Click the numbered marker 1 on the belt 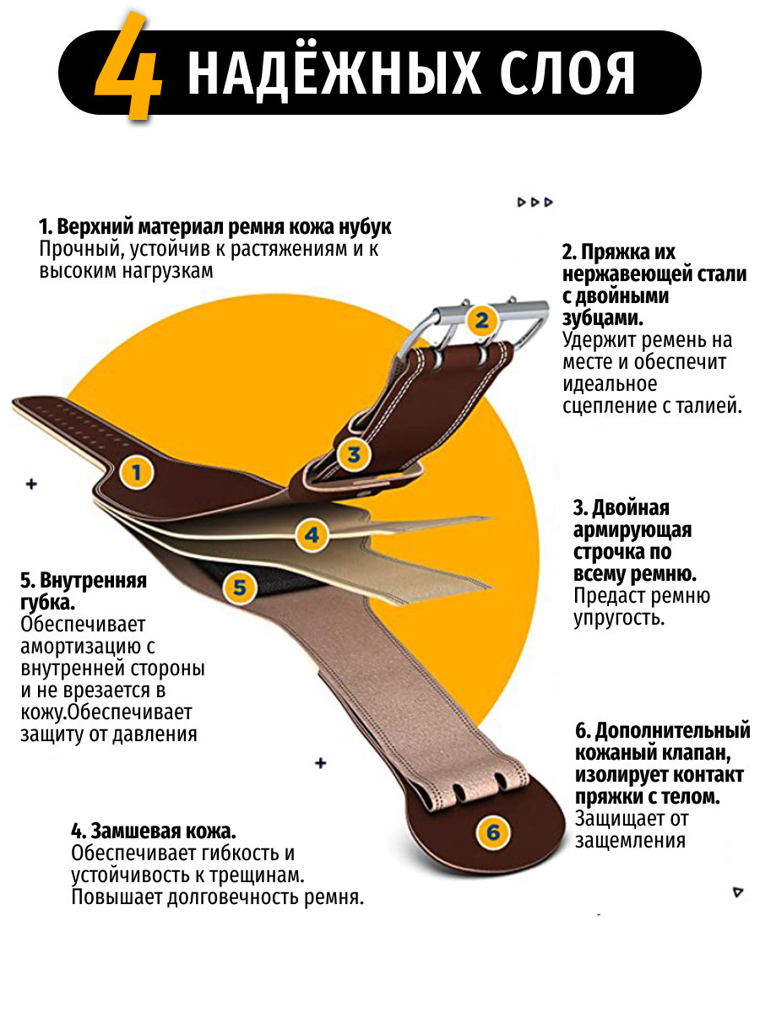(137, 472)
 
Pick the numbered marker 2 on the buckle (481, 319)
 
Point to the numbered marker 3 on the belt (353, 454)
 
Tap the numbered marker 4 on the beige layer (312, 534)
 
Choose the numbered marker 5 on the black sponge (240, 587)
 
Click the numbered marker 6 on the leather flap (492, 832)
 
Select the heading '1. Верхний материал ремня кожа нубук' (215, 228)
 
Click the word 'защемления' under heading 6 (629, 841)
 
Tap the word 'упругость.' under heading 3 (619, 618)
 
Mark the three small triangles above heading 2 (535, 203)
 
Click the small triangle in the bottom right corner (738, 891)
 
